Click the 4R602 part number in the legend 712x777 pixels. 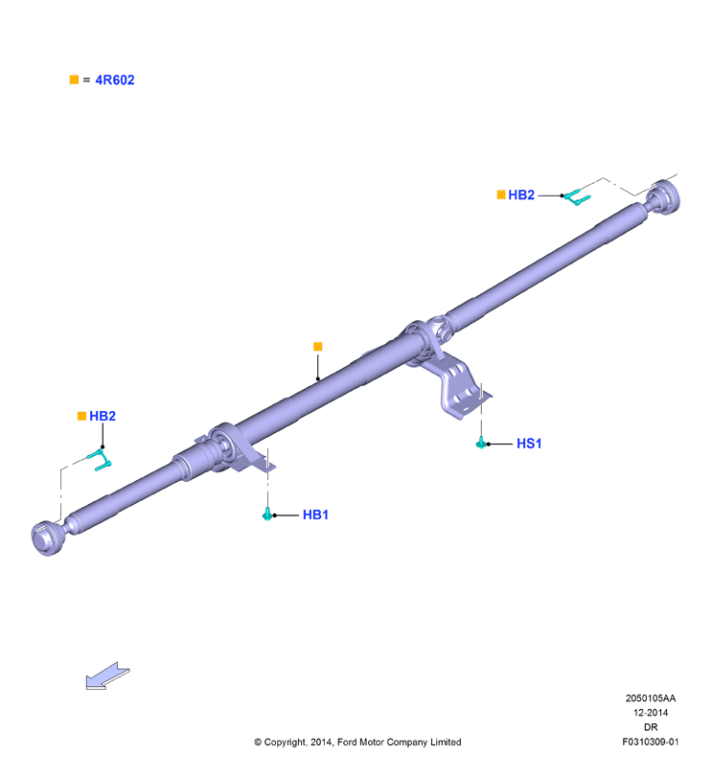114,80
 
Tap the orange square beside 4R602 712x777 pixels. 75,80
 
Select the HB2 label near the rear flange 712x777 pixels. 521,194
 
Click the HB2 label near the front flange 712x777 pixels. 103,416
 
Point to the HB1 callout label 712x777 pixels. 315,514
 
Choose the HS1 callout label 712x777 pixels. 529,444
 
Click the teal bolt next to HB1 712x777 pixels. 267,514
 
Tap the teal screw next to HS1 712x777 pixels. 480,443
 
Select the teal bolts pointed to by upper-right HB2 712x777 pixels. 577,196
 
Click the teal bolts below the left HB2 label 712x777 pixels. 101,459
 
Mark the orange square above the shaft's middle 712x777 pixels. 318,347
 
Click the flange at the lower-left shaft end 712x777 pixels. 46,537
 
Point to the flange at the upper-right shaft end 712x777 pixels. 665,197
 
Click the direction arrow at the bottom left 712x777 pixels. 107,675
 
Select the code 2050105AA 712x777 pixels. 650,698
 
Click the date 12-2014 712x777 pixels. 651,713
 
